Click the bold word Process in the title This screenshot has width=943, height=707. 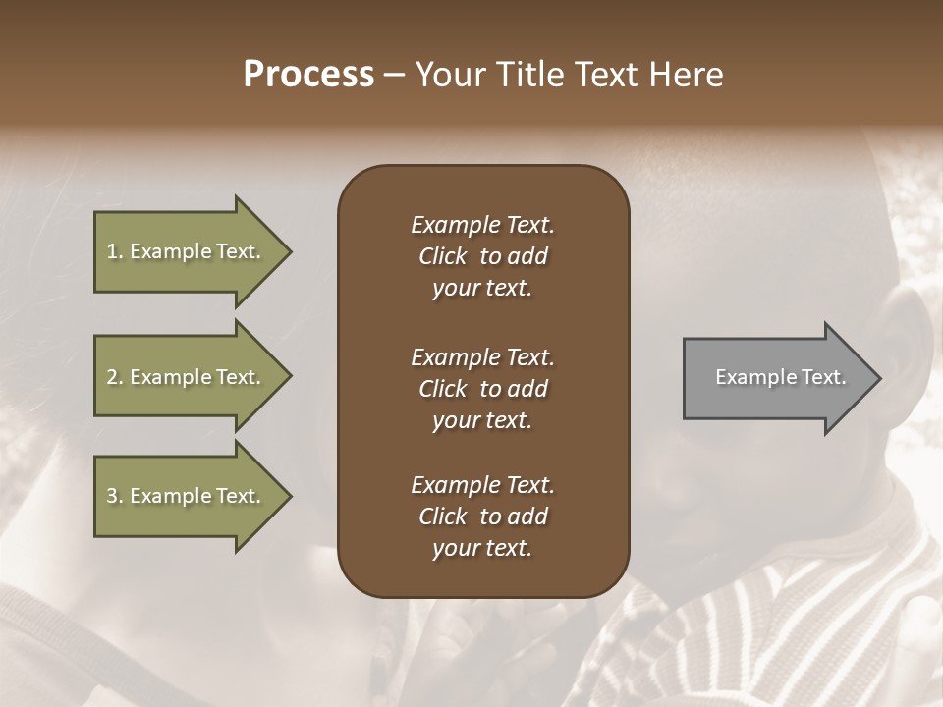point(308,75)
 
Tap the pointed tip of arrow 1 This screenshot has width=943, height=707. point(289,251)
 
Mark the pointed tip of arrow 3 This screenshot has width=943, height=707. point(289,496)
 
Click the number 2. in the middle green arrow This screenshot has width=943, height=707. point(115,377)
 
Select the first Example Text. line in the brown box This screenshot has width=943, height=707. point(482,225)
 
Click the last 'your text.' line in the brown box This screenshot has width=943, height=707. point(482,548)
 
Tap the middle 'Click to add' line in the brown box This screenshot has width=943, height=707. point(482,389)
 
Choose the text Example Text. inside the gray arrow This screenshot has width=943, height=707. point(781,377)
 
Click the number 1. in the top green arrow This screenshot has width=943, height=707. point(115,251)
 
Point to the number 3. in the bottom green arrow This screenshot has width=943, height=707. point(115,496)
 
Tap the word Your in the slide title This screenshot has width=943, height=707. point(450,75)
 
